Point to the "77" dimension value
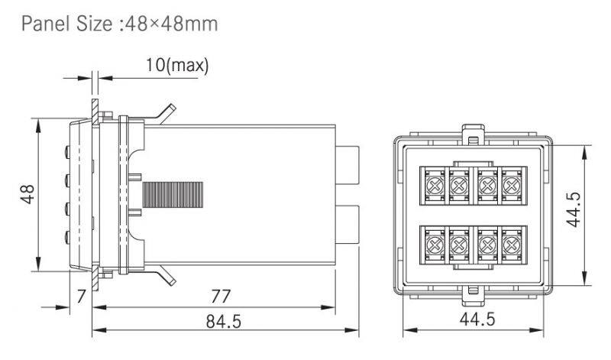click(x=221, y=296)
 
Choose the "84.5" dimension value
click(x=222, y=322)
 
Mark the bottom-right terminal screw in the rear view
click(x=509, y=245)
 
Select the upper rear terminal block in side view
click(x=349, y=163)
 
